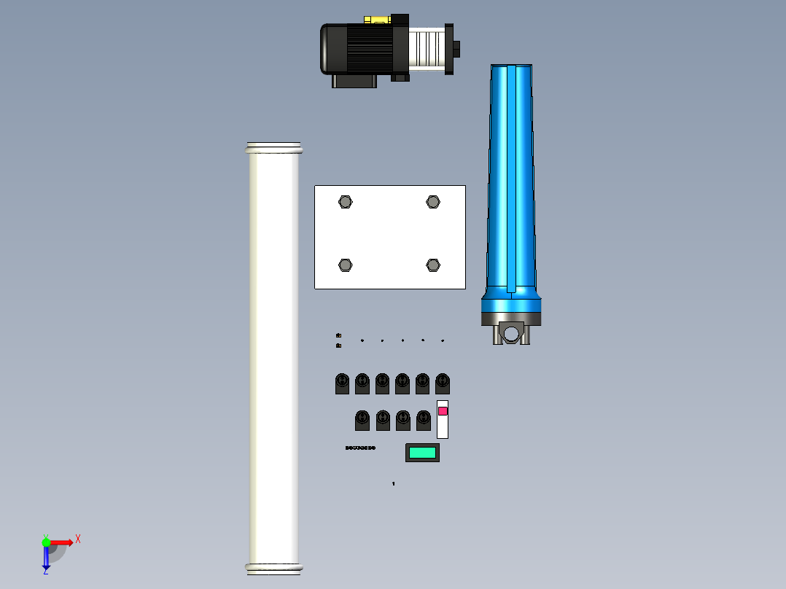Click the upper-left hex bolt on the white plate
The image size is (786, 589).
click(x=346, y=202)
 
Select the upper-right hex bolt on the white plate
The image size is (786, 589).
click(x=433, y=202)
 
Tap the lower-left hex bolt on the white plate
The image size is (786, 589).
click(x=346, y=265)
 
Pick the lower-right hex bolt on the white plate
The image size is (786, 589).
click(x=433, y=265)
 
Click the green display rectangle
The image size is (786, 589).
click(x=422, y=453)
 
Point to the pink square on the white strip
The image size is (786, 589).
click(x=443, y=411)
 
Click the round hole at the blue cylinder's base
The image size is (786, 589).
click(x=512, y=334)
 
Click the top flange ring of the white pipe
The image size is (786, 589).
click(x=273, y=149)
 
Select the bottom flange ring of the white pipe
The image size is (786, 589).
click(x=273, y=567)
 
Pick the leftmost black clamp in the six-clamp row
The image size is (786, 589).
click(x=342, y=383)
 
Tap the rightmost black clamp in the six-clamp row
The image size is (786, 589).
click(x=443, y=383)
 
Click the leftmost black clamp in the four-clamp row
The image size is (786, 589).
click(x=362, y=420)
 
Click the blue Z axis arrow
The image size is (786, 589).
click(x=46, y=559)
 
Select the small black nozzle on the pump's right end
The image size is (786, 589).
click(x=458, y=48)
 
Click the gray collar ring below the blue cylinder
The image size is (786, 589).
click(x=511, y=317)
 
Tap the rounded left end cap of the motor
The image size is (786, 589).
click(x=327, y=48)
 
